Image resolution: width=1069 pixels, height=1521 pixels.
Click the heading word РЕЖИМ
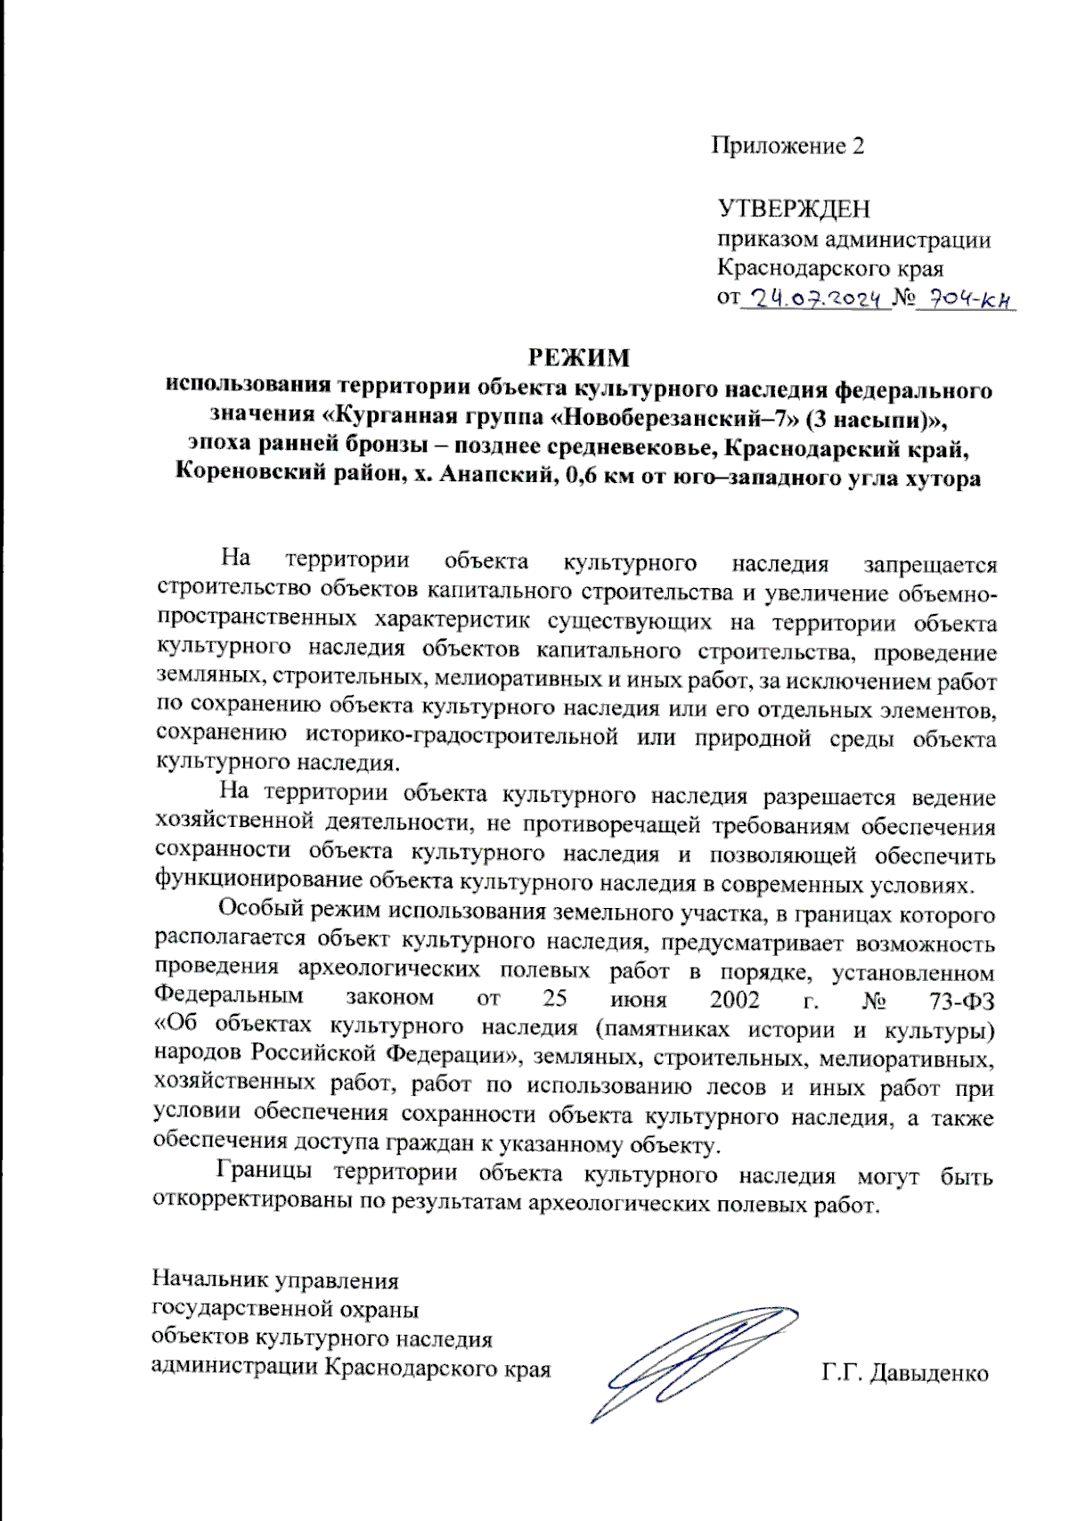coord(579,357)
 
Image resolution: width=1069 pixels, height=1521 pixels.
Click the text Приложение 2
coord(787,145)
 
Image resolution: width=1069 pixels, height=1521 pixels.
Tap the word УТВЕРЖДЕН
coord(794,209)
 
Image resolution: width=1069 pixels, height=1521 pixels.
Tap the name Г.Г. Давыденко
coord(905,1373)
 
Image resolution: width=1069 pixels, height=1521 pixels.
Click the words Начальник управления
coord(275,1280)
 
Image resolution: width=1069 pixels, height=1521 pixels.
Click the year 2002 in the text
coord(735,999)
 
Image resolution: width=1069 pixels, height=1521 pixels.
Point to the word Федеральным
coord(229,994)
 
